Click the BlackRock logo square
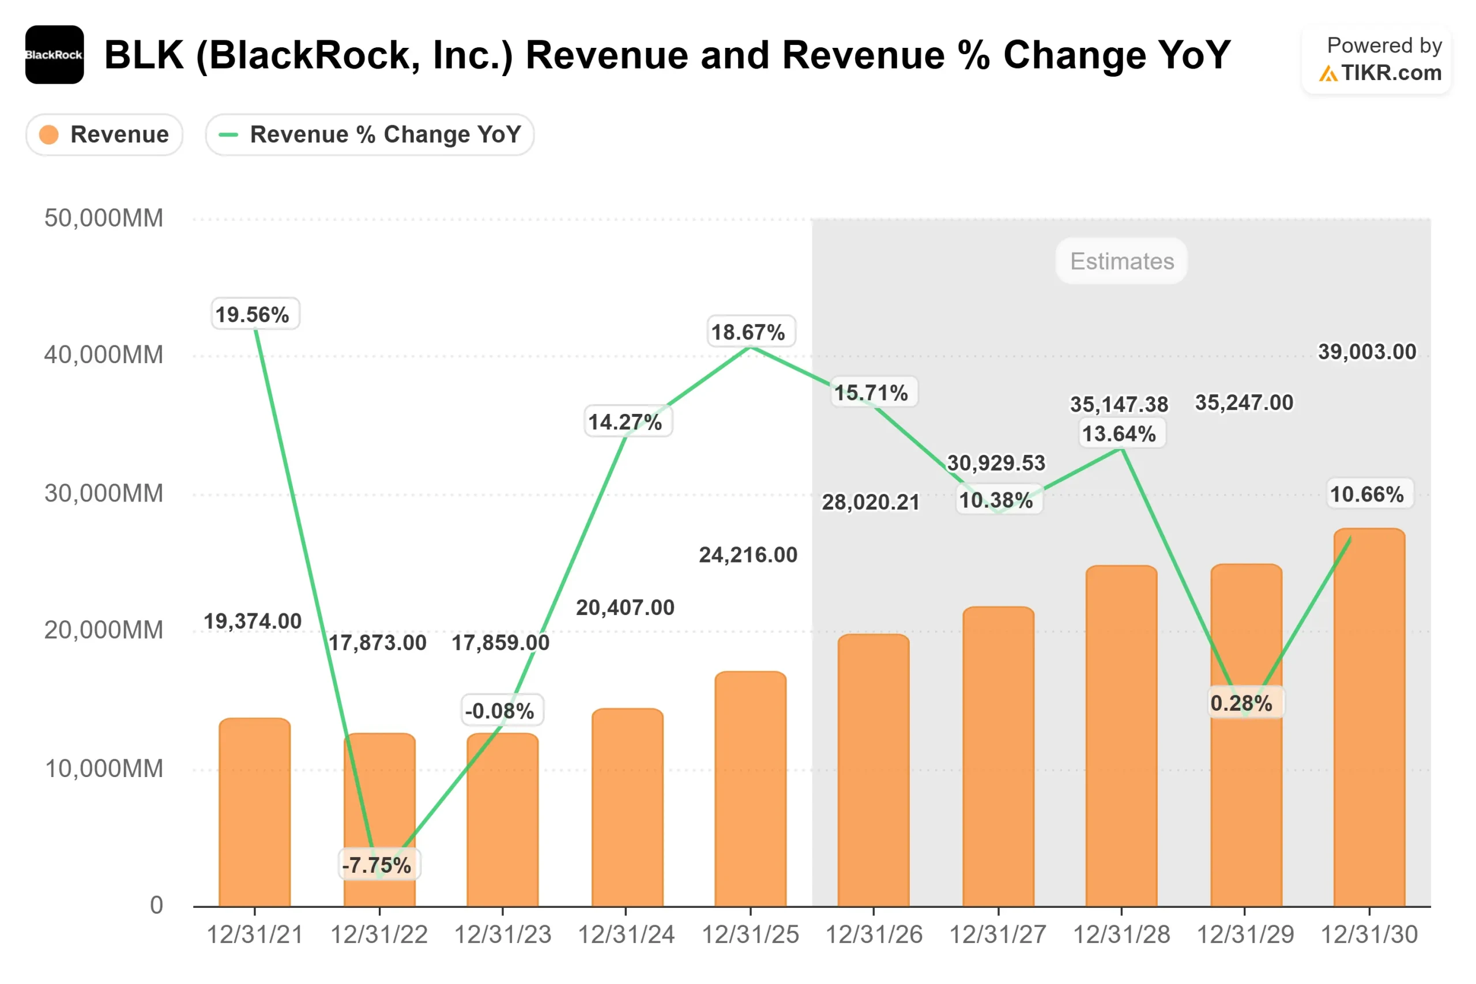pos(55,55)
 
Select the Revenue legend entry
pos(105,134)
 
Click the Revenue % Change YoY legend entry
pos(370,134)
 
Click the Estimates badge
pos(1121,261)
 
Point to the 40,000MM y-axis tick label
pos(104,355)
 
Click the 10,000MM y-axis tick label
pos(104,769)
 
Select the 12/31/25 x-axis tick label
pos(750,935)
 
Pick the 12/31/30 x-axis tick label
pos(1369,935)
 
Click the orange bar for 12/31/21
pos(255,816)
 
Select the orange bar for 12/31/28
pos(1121,741)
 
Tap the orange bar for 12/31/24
pos(627,809)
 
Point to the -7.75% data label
pos(377,865)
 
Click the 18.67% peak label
pos(749,332)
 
